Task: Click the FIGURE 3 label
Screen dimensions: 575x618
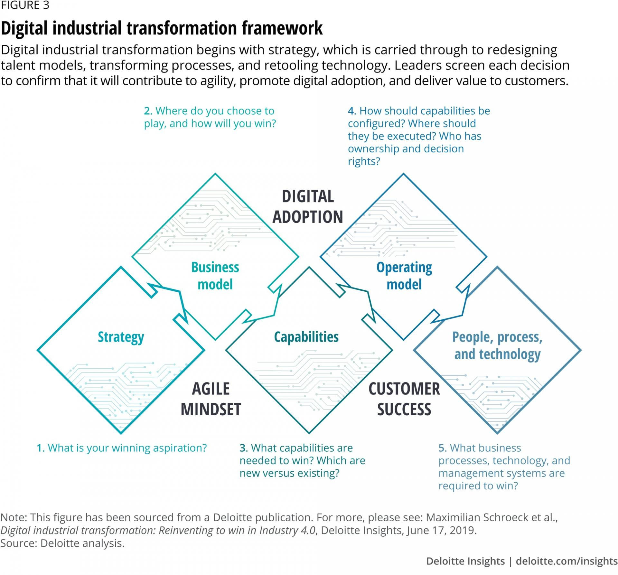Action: tap(25, 5)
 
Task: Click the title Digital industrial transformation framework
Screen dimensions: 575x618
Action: tap(162, 28)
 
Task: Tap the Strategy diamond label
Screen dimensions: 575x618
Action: tap(121, 337)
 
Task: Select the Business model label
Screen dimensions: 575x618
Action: tap(215, 276)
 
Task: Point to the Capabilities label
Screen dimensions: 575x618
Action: tap(306, 337)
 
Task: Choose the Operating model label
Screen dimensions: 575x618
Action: tap(404, 276)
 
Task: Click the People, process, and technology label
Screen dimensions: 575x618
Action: tap(497, 345)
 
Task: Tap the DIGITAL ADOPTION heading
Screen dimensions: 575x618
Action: tap(308, 207)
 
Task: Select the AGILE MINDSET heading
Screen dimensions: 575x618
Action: tap(211, 399)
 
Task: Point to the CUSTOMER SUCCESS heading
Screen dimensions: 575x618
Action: tap(404, 399)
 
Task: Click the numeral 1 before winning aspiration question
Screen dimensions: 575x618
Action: tap(40, 448)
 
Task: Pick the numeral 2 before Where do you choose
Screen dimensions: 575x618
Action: tap(147, 111)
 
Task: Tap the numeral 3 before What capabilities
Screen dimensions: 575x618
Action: tap(243, 448)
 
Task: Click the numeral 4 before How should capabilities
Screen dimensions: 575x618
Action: tap(351, 111)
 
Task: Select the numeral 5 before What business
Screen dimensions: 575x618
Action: tap(442, 448)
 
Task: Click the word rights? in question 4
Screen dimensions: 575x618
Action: tap(364, 161)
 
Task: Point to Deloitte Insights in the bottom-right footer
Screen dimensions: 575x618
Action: tap(465, 561)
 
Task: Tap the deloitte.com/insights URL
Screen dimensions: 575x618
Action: tap(566, 561)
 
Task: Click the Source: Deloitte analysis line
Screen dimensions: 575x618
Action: tap(62, 543)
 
